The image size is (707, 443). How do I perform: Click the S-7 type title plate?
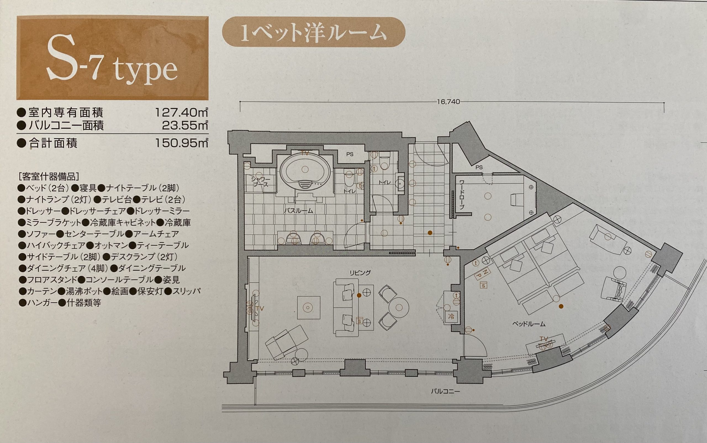(x=112, y=59)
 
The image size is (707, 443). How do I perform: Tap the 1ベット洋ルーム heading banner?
(x=313, y=33)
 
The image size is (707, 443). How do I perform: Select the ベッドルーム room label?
(x=529, y=324)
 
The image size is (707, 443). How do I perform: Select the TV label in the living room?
(x=259, y=308)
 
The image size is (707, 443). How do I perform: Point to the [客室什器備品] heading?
(x=48, y=177)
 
